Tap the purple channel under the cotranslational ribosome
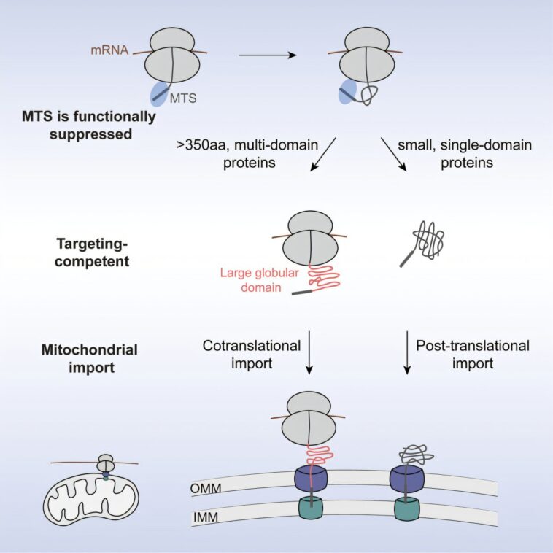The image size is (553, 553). pyautogui.click(x=312, y=479)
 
